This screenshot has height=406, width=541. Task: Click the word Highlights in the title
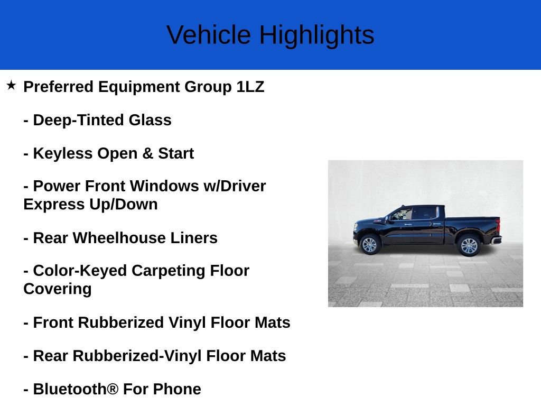[x=316, y=35]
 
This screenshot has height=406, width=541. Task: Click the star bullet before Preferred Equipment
[x=11, y=85]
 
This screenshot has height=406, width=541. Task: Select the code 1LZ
[x=250, y=87]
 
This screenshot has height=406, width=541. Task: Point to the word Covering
[x=58, y=289]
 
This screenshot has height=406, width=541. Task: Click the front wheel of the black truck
[x=369, y=245]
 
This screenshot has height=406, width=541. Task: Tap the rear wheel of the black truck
[x=469, y=246]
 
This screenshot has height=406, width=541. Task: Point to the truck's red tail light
[x=497, y=225]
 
